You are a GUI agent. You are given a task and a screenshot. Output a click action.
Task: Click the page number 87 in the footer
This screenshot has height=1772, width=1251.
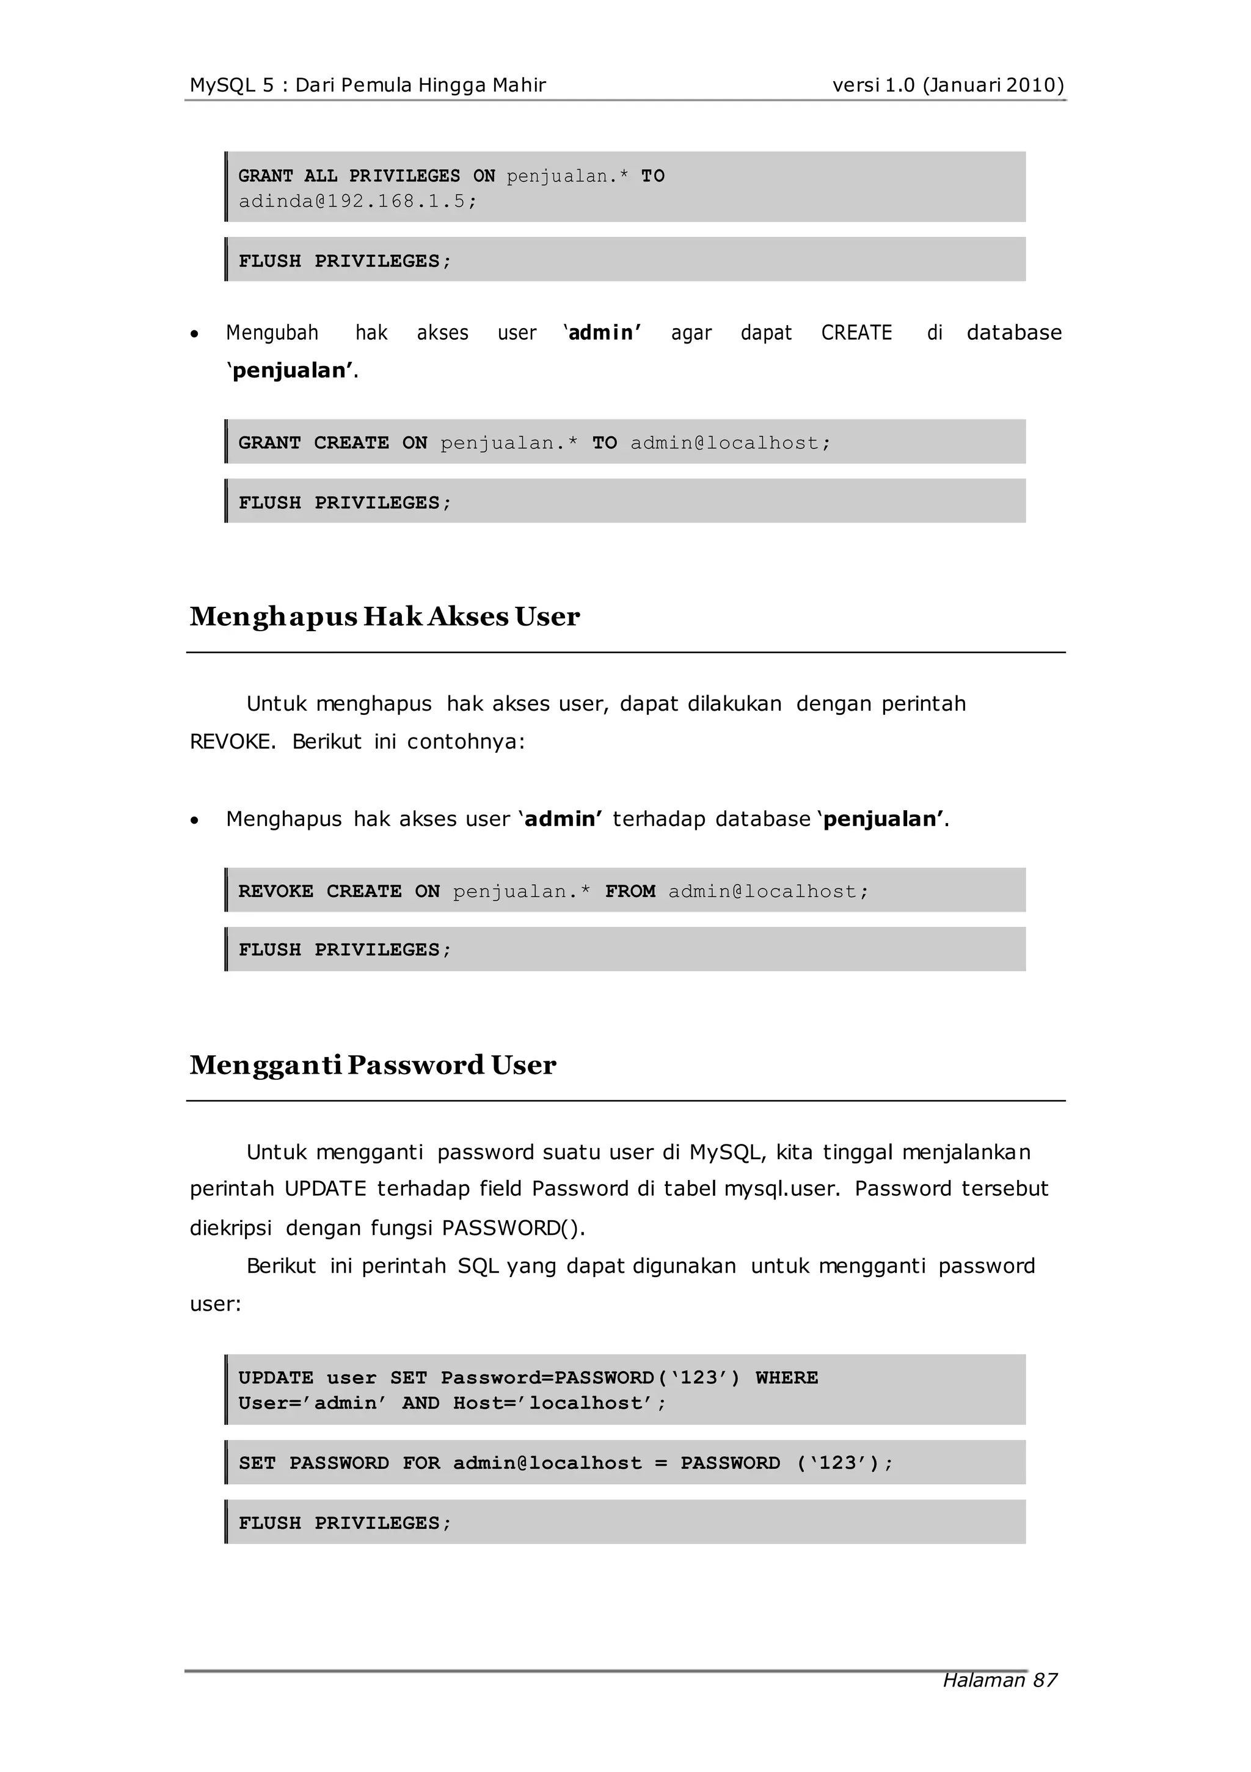1045,1680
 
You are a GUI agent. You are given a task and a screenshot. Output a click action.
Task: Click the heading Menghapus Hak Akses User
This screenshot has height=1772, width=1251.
384,617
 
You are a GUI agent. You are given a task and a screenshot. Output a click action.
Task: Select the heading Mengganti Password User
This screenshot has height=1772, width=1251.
373,1065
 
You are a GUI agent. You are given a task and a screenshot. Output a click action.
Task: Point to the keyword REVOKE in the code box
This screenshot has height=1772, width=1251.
275,891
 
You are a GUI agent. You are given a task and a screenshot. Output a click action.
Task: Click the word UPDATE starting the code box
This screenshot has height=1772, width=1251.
275,1378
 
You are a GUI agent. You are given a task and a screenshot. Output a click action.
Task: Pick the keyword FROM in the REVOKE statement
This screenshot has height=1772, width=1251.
630,891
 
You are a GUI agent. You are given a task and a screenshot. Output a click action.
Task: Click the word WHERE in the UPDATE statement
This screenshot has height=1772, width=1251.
786,1378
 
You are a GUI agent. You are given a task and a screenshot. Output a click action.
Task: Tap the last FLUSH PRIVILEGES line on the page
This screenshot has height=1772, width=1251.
344,1523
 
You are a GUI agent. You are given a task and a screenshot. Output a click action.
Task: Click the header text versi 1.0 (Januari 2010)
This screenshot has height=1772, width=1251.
947,85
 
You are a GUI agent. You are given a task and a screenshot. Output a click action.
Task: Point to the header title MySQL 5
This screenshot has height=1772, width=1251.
232,85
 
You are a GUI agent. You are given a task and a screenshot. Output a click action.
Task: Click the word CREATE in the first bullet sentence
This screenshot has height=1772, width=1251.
856,332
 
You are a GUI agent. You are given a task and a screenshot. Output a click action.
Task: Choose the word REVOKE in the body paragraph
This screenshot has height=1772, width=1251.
232,742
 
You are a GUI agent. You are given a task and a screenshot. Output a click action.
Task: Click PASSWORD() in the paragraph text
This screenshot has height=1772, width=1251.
513,1228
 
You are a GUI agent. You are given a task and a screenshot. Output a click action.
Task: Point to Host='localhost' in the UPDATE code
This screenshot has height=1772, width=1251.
559,1403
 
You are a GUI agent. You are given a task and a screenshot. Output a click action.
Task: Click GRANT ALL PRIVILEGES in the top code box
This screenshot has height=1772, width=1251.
349,176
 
